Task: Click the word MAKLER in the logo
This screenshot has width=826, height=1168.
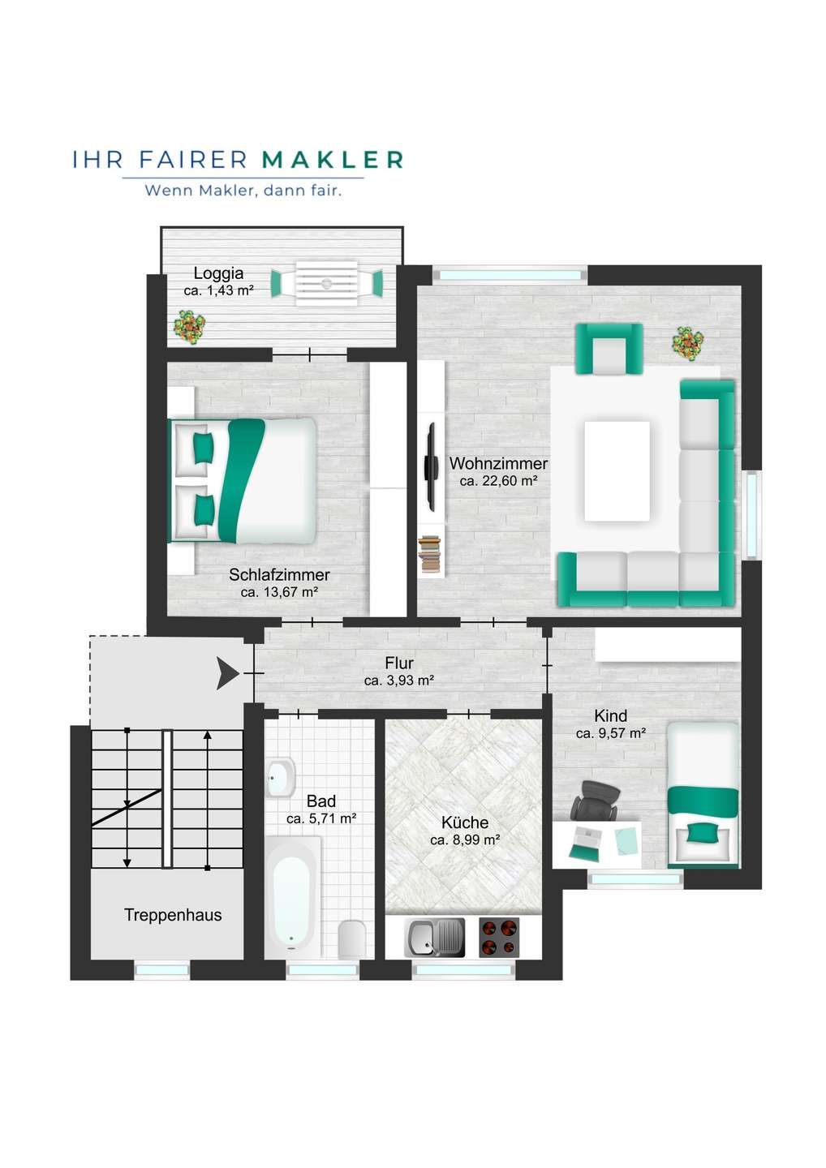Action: [333, 160]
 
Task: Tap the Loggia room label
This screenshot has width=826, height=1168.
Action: [218, 273]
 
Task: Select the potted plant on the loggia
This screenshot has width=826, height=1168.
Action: [189, 327]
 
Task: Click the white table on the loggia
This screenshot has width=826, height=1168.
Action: [326, 283]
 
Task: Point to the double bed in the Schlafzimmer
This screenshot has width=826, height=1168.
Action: [243, 480]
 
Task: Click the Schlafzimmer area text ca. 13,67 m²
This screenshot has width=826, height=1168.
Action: [279, 592]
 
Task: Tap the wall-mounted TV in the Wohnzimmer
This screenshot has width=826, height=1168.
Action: [430, 466]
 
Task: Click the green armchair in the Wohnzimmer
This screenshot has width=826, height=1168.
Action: [609, 348]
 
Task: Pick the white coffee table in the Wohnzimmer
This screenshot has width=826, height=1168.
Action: [617, 470]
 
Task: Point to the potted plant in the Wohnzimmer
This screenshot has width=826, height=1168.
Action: [688, 343]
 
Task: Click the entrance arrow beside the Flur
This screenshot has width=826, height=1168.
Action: [227, 673]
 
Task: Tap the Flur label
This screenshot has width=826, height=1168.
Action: [399, 663]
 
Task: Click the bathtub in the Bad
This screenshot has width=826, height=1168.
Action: [292, 895]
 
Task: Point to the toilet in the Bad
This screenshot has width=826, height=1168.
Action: [352, 938]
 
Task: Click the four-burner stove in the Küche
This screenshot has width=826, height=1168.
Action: [499, 938]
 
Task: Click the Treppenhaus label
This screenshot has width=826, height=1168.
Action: [173, 915]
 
